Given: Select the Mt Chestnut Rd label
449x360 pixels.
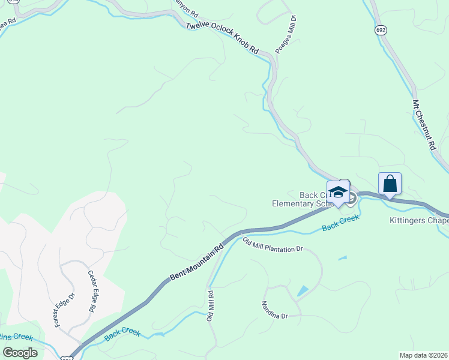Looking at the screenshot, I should click(423, 125).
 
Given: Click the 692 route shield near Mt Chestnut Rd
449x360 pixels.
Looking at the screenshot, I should click(382, 29).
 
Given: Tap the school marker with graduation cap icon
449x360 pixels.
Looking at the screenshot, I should click(338, 192).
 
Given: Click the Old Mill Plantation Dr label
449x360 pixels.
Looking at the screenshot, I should click(273, 245).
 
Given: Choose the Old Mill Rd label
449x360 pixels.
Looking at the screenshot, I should click(211, 306).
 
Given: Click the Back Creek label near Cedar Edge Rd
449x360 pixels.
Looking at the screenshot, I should click(122, 334).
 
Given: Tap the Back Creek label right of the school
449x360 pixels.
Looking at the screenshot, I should click(340, 223).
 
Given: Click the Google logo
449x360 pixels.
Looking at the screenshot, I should click(20, 352).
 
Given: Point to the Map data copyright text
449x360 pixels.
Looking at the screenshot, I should click(423, 355).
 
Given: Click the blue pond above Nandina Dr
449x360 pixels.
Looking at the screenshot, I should click(303, 291).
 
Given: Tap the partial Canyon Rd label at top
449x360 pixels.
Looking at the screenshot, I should click(185, 8).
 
